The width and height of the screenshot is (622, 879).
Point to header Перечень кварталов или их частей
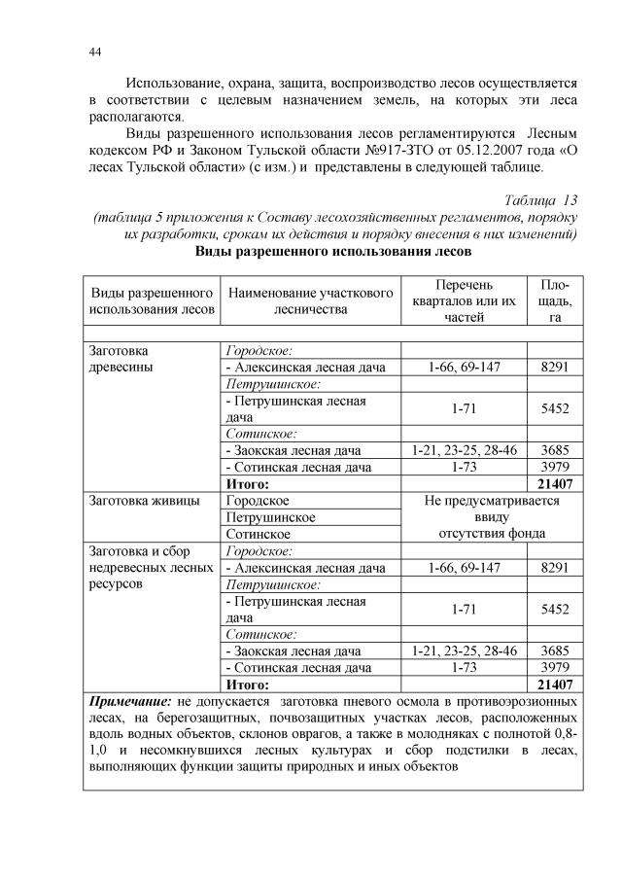pyautogui.click(x=463, y=300)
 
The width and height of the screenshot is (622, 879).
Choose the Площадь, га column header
pyautogui.click(x=555, y=300)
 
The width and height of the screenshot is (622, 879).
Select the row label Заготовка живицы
pyautogui.click(x=144, y=501)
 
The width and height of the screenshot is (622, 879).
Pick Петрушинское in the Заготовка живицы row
pyautogui.click(x=270, y=517)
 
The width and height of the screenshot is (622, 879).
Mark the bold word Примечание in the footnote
pyautogui.click(x=130, y=700)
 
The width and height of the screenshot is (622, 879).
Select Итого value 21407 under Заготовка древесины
pyautogui.click(x=555, y=483)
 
